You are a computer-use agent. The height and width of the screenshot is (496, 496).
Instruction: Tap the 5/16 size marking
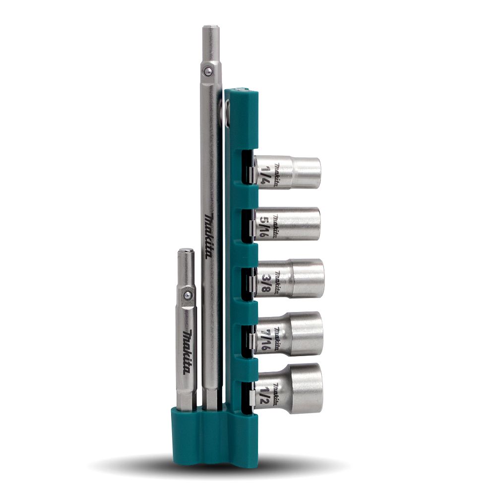tap(263, 226)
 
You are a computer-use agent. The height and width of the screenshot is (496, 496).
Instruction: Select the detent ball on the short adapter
tap(187, 295)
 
